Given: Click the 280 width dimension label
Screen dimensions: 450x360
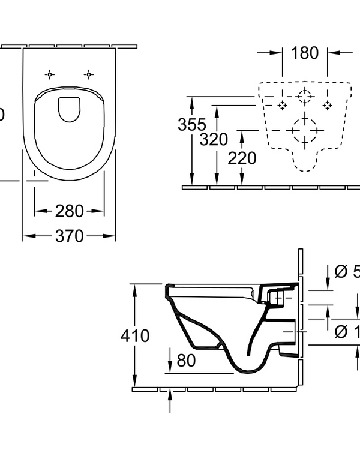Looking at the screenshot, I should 70,211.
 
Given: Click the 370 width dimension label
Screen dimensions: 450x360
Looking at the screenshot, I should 70,236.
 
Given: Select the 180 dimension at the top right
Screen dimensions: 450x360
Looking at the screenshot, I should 304,53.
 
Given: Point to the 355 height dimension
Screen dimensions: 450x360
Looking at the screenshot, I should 192,125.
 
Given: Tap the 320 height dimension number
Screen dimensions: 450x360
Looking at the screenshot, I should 214,140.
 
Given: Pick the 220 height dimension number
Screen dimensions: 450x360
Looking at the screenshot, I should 242,158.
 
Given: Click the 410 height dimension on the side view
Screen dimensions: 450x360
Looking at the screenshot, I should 135,335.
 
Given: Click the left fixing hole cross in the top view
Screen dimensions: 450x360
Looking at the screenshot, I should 50,74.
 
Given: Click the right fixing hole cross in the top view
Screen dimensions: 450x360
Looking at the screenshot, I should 89,74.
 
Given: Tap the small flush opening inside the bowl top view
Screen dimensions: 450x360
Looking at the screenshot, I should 70,109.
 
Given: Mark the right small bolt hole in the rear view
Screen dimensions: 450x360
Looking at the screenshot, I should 328,105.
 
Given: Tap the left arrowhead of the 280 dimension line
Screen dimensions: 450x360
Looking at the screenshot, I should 38,211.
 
